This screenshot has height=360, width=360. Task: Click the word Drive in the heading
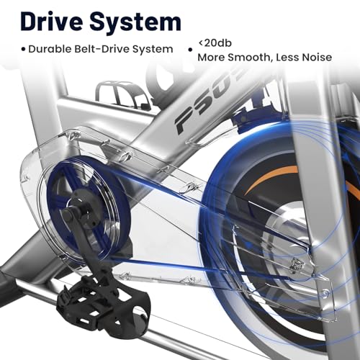click(52, 22)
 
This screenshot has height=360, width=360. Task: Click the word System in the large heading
click(135, 22)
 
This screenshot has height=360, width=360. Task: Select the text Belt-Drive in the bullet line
click(102, 49)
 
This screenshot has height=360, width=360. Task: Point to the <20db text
click(215, 43)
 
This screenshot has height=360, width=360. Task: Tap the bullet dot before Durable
click(23, 50)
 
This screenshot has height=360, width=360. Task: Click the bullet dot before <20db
click(190, 50)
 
